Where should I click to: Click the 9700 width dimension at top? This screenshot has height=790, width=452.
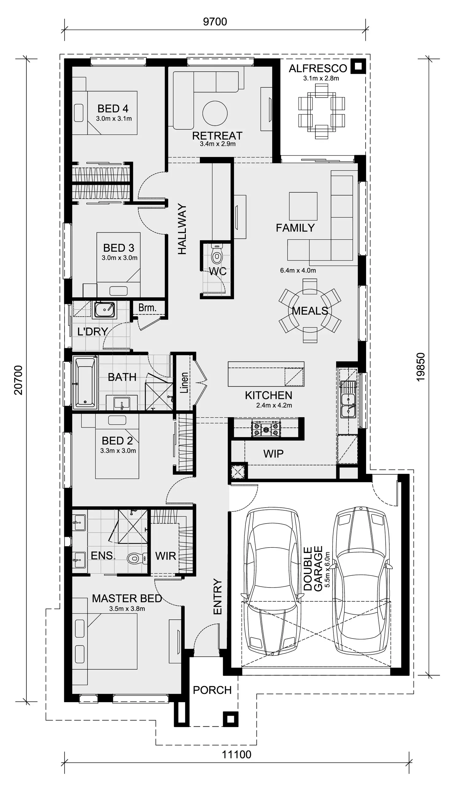[x=215, y=22]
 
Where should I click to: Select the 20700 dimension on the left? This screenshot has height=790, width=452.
[x=19, y=380]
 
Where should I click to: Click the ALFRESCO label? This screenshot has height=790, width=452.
[x=318, y=68]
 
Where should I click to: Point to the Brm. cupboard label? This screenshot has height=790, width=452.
[x=147, y=308]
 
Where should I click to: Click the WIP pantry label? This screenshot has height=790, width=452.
[x=273, y=454]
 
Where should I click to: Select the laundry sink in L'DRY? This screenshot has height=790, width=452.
[x=105, y=309]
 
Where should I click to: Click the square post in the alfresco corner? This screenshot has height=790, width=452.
[x=358, y=66]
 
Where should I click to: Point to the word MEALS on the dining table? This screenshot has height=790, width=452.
[x=310, y=311]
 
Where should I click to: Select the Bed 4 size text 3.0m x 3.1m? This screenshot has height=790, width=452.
[x=114, y=118]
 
